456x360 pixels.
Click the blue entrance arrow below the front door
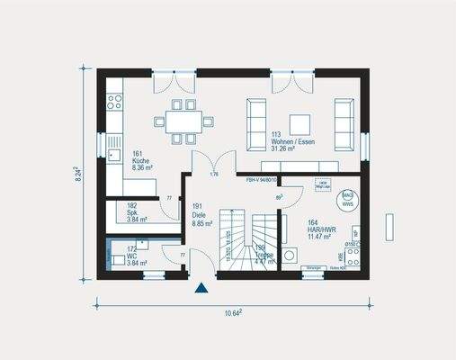pyautogui.click(x=201, y=289)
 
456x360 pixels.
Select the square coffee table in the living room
pyautogui.click(x=299, y=122)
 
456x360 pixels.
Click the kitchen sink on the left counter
pyautogui.click(x=113, y=143)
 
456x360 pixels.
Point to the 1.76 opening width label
pyautogui.click(x=214, y=174)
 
